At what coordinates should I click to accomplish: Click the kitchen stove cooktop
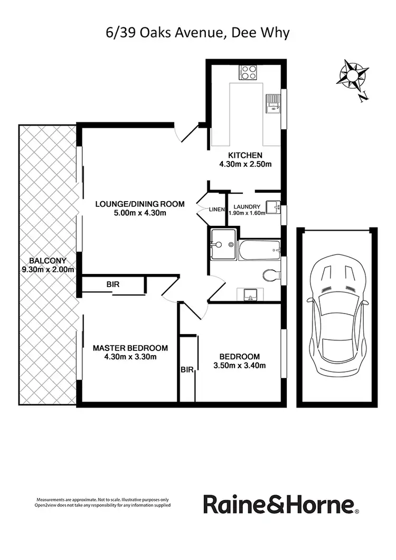(x=248, y=72)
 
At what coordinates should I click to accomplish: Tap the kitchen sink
(x=273, y=103)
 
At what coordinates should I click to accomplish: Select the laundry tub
(x=272, y=207)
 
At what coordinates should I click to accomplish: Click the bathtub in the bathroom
(x=259, y=250)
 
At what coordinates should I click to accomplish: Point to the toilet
(x=269, y=274)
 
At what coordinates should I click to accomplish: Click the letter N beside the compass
(x=363, y=97)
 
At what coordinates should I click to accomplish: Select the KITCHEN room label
(x=245, y=155)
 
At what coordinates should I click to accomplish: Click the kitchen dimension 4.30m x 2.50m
(x=246, y=164)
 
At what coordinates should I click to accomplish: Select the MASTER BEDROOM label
(x=130, y=348)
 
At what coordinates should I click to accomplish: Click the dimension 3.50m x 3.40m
(x=240, y=365)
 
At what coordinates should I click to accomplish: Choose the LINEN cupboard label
(x=216, y=210)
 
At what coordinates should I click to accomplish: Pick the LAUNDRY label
(x=247, y=206)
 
